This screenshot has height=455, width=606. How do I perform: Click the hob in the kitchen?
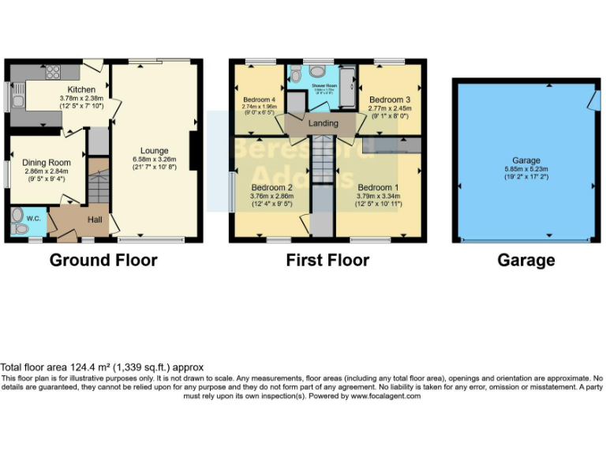click(x=54, y=73)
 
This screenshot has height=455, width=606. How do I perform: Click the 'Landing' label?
click(x=323, y=123)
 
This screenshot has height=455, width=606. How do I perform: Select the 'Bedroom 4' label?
click(x=258, y=99)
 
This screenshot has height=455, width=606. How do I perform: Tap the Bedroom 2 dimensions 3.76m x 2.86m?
click(x=271, y=196)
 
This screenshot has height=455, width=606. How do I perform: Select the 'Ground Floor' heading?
click(x=103, y=260)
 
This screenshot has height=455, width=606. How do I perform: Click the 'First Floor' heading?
click(x=327, y=260)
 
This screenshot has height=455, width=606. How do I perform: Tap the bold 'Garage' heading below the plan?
click(x=526, y=260)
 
